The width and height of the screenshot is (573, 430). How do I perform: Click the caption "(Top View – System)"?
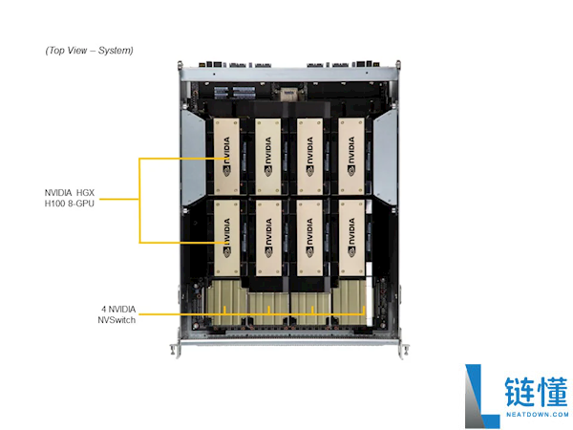coord(89,50)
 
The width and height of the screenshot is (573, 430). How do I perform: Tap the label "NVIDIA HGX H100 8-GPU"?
coord(70,198)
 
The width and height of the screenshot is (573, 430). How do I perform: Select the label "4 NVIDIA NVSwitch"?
coord(117,314)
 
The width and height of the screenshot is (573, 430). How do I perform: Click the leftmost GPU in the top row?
coord(226,156)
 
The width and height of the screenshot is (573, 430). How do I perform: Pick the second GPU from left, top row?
coord(268,156)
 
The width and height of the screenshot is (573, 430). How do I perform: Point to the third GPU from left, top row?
coord(309,156)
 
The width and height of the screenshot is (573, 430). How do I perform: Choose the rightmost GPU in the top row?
coord(351,156)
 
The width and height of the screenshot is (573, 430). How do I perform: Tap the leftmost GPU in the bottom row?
coord(226,238)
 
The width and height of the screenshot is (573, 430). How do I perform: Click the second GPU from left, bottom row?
coord(268,238)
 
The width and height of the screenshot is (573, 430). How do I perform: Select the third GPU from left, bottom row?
coord(309,238)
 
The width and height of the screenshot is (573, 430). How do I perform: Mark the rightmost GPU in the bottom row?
coord(351,238)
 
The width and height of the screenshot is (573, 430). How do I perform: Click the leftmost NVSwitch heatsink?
coord(226,303)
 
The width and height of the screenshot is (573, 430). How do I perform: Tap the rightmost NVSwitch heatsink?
coord(350,303)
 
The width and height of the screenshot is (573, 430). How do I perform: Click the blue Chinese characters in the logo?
coord(537,392)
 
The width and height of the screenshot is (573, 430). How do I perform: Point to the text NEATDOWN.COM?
coord(537,415)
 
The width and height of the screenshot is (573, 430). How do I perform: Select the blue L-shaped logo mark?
coord(481,396)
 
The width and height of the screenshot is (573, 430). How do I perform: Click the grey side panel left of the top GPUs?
coord(193,158)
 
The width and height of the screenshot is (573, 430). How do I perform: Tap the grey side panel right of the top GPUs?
coord(385,158)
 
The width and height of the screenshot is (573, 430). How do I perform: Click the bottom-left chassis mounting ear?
coord(176,350)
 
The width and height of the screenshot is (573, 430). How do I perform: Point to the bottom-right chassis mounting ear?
coord(403,351)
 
